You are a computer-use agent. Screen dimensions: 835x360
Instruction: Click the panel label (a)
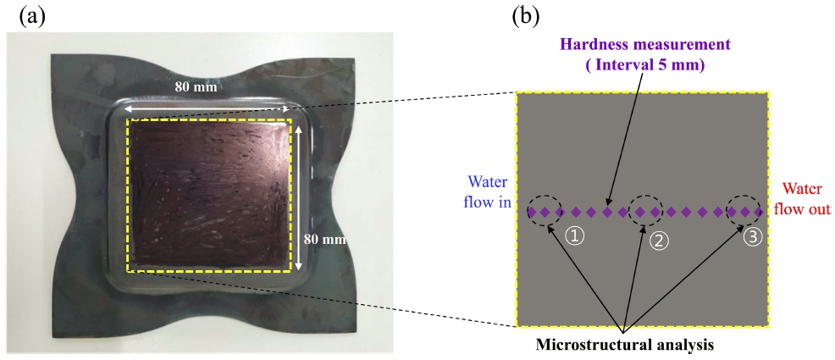tap(32, 17)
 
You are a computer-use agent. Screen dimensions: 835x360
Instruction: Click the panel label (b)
tap(526, 17)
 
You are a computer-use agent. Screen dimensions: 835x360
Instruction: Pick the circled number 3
tap(753, 237)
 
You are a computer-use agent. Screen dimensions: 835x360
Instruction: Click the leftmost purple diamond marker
tap(532, 212)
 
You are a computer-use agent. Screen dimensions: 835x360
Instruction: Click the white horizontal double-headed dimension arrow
tap(208, 109)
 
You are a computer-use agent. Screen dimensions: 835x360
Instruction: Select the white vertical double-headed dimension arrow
tap(300, 198)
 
